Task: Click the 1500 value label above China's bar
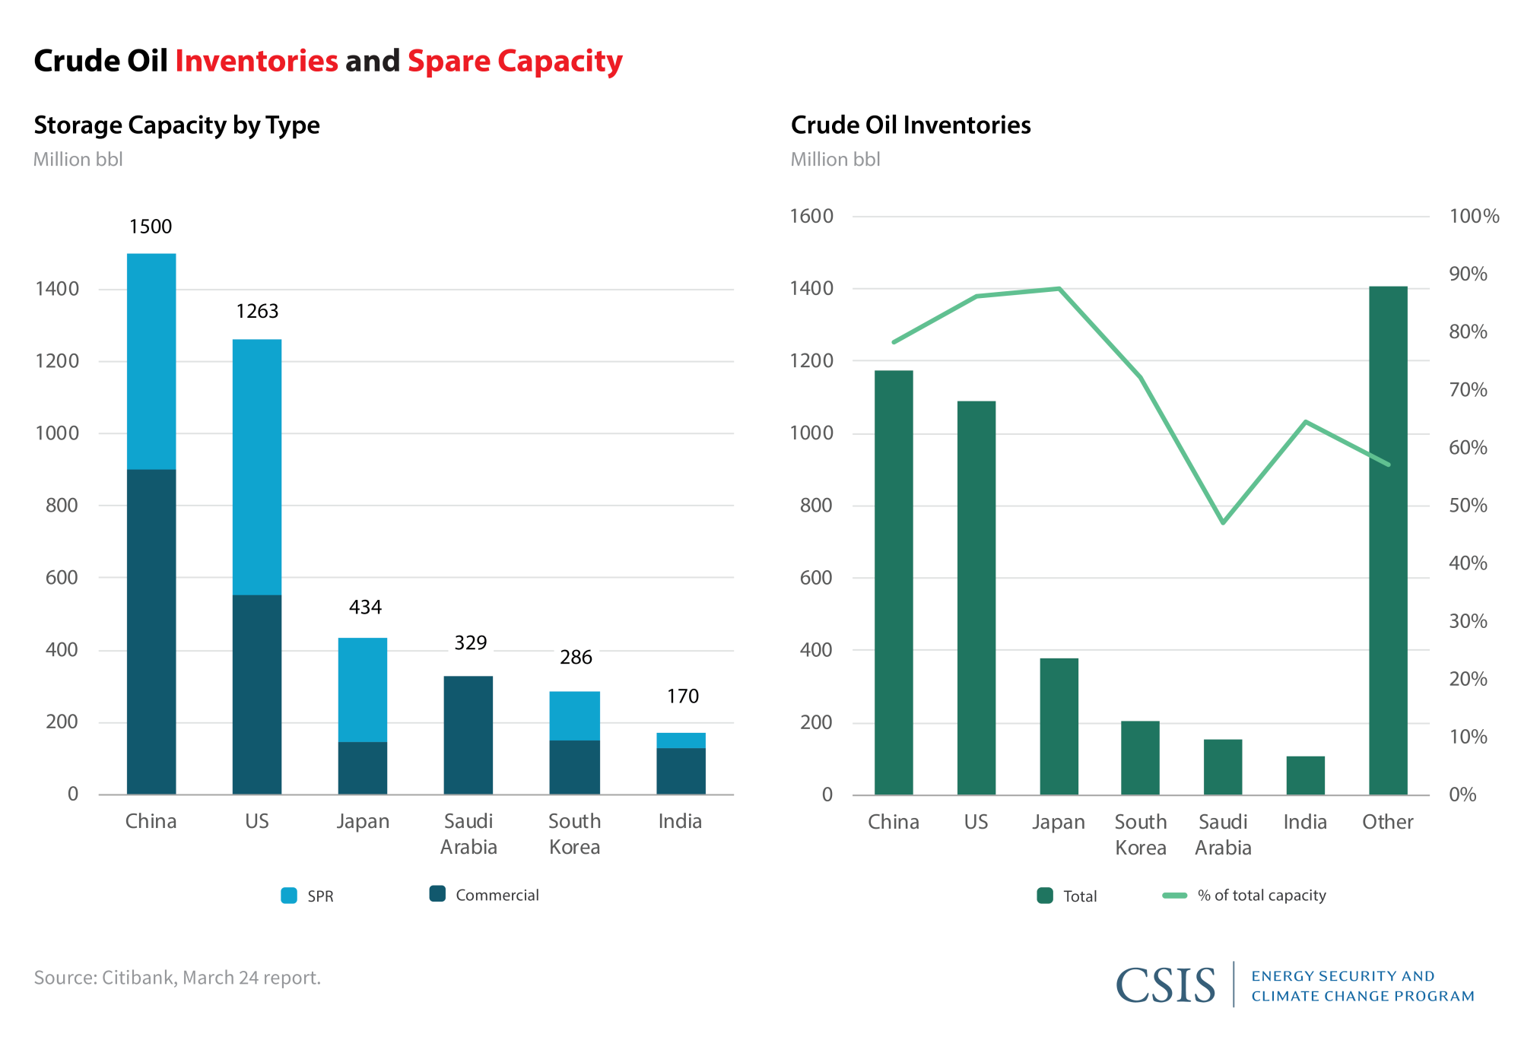(x=151, y=227)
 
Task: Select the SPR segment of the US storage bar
(x=257, y=467)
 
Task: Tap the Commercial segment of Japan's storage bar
(x=363, y=768)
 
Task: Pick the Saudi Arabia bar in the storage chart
(x=468, y=735)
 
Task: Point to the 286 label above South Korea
(x=576, y=658)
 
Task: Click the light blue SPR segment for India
(x=681, y=740)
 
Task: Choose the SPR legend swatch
(x=289, y=896)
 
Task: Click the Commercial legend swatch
(x=437, y=894)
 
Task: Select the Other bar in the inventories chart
(x=1388, y=540)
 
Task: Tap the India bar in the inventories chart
(x=1305, y=775)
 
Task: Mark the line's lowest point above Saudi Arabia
(x=1223, y=523)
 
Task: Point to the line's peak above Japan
(x=1059, y=289)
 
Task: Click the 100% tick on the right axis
(x=1474, y=217)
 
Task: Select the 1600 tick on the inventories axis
(x=812, y=217)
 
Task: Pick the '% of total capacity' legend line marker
(x=1175, y=896)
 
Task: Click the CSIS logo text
(x=1165, y=985)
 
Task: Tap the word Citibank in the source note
(x=138, y=978)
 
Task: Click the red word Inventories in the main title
(x=256, y=62)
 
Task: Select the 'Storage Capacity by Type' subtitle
(x=176, y=125)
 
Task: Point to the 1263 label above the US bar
(x=257, y=312)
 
